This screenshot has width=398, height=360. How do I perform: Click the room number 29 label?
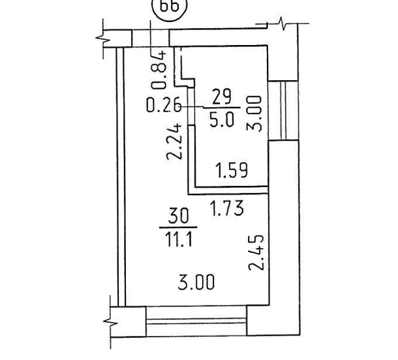coord(222,97)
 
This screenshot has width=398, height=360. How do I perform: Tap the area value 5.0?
coord(222,119)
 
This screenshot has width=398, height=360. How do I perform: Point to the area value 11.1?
coord(178,239)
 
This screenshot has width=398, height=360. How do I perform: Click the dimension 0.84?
coord(159,70)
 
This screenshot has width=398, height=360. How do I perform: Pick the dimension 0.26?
coord(164,104)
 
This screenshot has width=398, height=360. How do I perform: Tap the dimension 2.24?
coord(174,142)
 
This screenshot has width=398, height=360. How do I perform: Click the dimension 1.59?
coord(231,170)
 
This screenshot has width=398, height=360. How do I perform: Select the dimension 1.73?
coord(228,208)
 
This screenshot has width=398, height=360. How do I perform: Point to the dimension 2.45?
coord(256,252)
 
